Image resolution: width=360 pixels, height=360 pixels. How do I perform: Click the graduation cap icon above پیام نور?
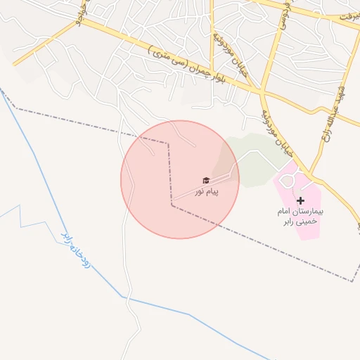point(206,181)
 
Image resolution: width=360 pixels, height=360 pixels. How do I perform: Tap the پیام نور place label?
point(207,191)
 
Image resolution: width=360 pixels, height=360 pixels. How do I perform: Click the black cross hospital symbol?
point(301,200)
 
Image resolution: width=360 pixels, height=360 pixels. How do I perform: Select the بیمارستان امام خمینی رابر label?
point(300,216)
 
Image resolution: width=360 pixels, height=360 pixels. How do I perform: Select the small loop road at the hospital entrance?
point(286,181)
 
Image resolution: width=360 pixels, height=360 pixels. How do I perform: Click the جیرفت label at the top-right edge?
point(349,15)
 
